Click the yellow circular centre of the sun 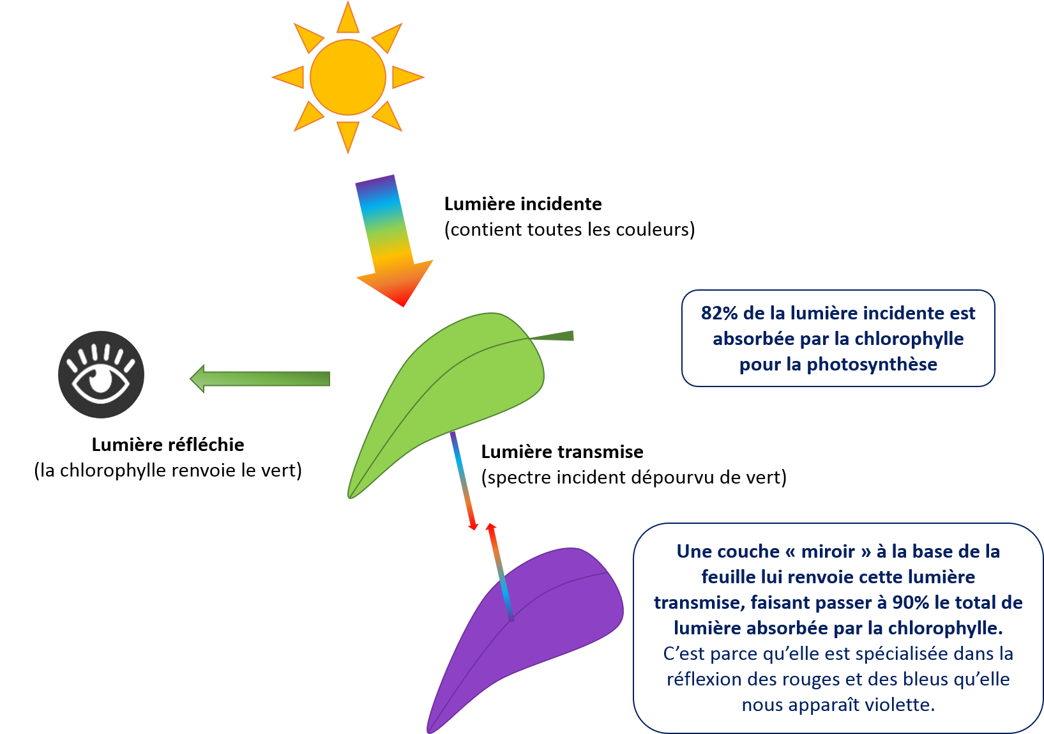(348, 77)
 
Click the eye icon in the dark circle (102, 375)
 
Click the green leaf (447, 396)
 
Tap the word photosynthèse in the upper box (872, 364)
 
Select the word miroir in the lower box (828, 551)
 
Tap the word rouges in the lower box (804, 679)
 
